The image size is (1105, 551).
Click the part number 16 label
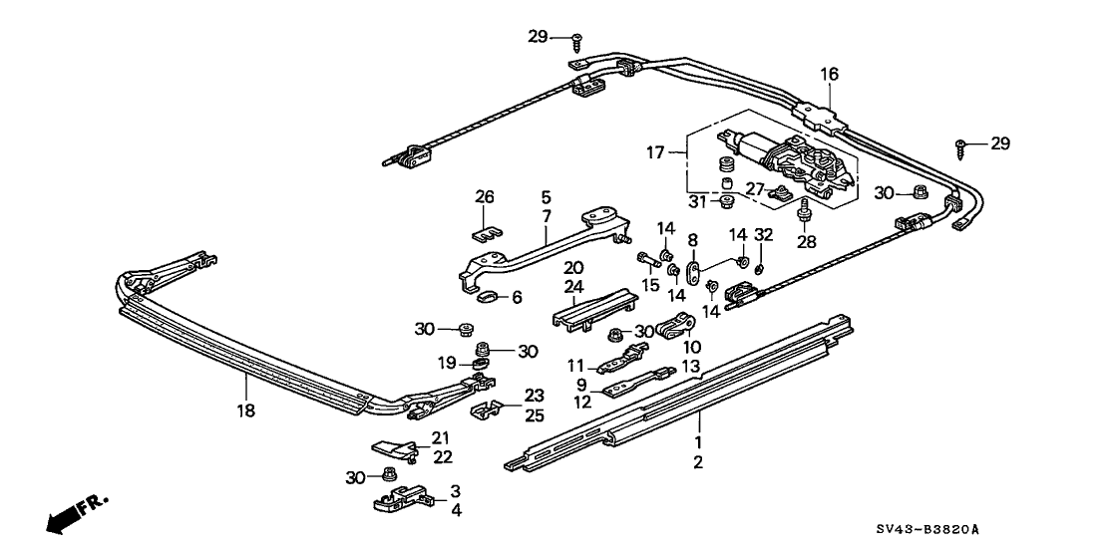[x=830, y=74]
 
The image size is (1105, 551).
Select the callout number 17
[x=654, y=152]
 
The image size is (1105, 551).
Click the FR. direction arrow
[x=74, y=511]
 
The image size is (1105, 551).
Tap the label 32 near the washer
[x=764, y=236]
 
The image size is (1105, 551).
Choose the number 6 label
[x=516, y=296]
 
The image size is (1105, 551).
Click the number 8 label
[x=691, y=239]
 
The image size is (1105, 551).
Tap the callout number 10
[x=690, y=346]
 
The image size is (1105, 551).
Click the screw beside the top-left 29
[x=577, y=40]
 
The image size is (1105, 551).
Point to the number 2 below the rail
[x=699, y=462]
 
